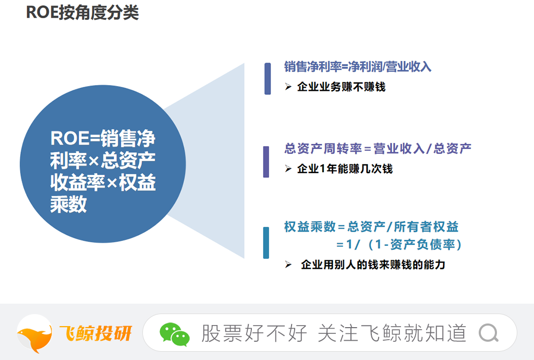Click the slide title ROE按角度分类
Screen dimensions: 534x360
(x=82, y=13)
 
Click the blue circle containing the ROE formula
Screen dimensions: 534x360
(x=103, y=164)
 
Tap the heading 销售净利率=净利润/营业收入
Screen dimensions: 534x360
(x=358, y=66)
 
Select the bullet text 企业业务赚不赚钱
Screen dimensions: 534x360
(x=341, y=87)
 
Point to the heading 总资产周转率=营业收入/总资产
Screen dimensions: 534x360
(x=378, y=149)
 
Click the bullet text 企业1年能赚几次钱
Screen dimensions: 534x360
(x=345, y=169)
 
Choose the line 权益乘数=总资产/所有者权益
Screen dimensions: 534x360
(x=371, y=227)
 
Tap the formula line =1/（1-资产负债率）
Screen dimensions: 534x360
(x=399, y=245)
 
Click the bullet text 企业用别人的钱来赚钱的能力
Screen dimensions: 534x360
(x=373, y=265)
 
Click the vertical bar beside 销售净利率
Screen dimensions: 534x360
(x=268, y=79)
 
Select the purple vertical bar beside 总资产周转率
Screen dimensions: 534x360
(x=266, y=162)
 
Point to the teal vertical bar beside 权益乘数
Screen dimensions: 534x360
(x=266, y=243)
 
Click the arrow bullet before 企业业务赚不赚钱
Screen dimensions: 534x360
(x=288, y=87)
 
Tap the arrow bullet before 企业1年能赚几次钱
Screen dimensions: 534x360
(x=288, y=169)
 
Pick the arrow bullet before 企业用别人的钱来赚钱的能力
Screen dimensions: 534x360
(x=288, y=265)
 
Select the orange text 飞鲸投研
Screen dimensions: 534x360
(x=96, y=333)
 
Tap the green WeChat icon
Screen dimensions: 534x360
(x=174, y=334)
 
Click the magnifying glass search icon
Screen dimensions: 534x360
(x=489, y=333)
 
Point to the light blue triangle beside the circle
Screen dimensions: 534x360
(x=218, y=160)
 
